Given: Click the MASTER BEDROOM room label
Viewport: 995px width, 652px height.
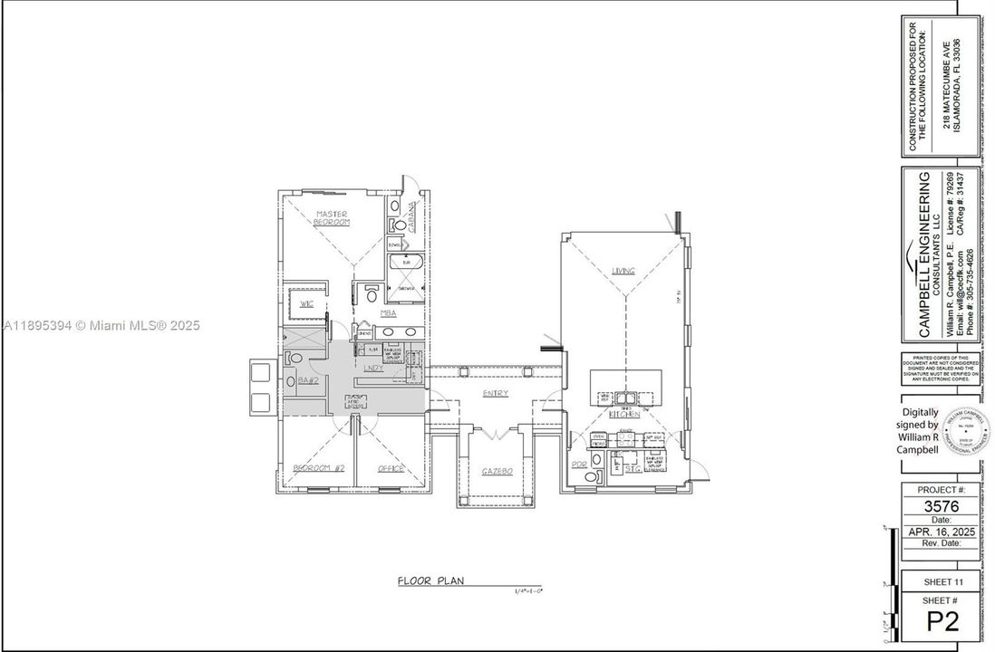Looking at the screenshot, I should [332, 217].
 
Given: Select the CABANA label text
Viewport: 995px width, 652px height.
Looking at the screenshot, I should [411, 217].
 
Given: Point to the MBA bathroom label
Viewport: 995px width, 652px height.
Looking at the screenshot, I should [388, 313].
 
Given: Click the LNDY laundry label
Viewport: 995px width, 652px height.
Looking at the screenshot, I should [373, 369].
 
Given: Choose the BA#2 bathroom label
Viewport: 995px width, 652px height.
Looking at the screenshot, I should [306, 381].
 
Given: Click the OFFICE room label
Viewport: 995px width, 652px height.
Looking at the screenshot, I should [391, 468].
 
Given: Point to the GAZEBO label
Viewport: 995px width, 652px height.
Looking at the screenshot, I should [497, 472].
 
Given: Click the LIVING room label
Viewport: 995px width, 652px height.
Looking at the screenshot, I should [623, 271].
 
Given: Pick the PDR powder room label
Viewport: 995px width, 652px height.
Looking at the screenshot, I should [580, 465].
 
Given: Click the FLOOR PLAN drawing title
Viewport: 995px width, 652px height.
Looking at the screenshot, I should [430, 580].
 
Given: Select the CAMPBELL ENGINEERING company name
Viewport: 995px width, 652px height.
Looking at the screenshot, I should [926, 254].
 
